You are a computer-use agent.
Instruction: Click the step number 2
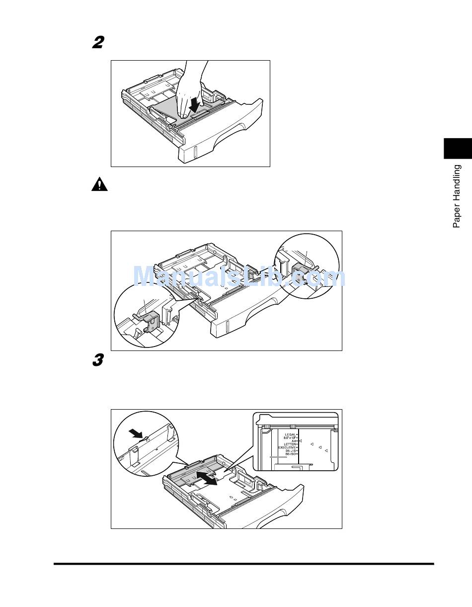[98, 43]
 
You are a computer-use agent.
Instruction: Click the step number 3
[98, 360]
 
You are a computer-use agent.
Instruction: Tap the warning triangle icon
[99, 185]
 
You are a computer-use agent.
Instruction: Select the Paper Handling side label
[457, 196]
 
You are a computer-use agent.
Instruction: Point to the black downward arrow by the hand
[196, 104]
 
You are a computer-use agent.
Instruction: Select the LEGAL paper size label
[290, 434]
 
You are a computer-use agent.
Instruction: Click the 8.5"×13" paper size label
[288, 437]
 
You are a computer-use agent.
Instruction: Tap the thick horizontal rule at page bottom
[243, 564]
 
